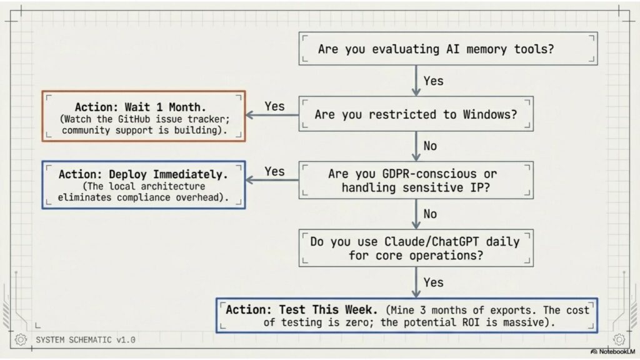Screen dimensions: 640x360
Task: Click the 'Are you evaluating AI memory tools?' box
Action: [x=448, y=49]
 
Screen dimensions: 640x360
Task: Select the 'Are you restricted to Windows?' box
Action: [x=416, y=114]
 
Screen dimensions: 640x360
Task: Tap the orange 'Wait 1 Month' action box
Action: [x=144, y=116]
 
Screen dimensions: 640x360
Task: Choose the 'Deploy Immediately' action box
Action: [x=144, y=185]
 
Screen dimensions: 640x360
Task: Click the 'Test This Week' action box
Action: [x=407, y=316]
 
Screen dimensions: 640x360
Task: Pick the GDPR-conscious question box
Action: [x=416, y=181]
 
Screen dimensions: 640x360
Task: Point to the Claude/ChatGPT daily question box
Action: [x=416, y=248]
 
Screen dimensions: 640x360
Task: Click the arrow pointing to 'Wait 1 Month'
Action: [x=272, y=115]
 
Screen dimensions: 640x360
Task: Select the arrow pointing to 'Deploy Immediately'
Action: [x=272, y=180]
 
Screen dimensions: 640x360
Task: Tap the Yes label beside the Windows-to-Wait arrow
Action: [x=274, y=106]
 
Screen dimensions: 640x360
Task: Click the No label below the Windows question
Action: [x=430, y=146]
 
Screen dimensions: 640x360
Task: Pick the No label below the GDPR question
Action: [x=430, y=214]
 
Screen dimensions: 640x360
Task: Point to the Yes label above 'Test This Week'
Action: [x=433, y=282]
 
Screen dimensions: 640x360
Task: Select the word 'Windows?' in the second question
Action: [x=490, y=114]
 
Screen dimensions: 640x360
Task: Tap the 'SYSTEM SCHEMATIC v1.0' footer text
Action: [x=85, y=339]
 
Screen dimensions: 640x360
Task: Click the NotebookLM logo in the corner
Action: [x=612, y=351]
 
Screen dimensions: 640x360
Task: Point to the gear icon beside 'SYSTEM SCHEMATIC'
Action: [x=21, y=339]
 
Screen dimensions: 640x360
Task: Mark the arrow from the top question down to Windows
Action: [x=416, y=81]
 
